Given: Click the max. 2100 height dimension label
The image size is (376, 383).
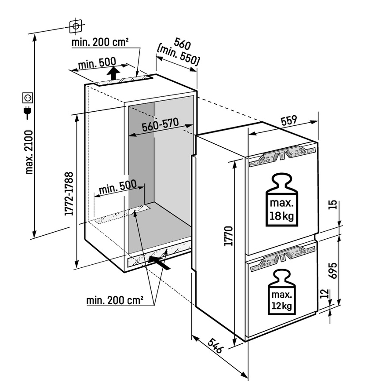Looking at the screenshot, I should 29,152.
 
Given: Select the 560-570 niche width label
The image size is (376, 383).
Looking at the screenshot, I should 160,126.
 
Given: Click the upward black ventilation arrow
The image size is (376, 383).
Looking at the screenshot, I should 113,73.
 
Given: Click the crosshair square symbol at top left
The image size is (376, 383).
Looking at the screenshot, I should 76,26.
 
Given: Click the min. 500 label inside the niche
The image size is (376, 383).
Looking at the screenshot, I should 117,188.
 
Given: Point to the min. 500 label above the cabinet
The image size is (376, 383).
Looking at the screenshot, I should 98,64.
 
